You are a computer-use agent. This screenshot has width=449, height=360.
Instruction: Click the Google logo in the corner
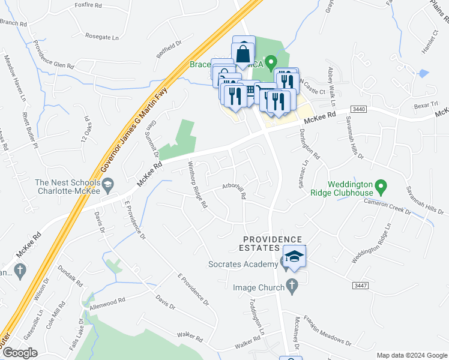19,353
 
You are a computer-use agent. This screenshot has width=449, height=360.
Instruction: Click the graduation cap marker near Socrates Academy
294,257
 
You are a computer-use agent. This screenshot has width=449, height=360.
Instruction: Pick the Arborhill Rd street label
234,191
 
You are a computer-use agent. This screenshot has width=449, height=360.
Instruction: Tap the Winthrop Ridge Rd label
197,185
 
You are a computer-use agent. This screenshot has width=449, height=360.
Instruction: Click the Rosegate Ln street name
102,37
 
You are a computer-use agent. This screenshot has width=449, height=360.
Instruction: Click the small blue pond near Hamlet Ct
424,73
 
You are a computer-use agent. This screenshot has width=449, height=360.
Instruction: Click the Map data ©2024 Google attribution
411,355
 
